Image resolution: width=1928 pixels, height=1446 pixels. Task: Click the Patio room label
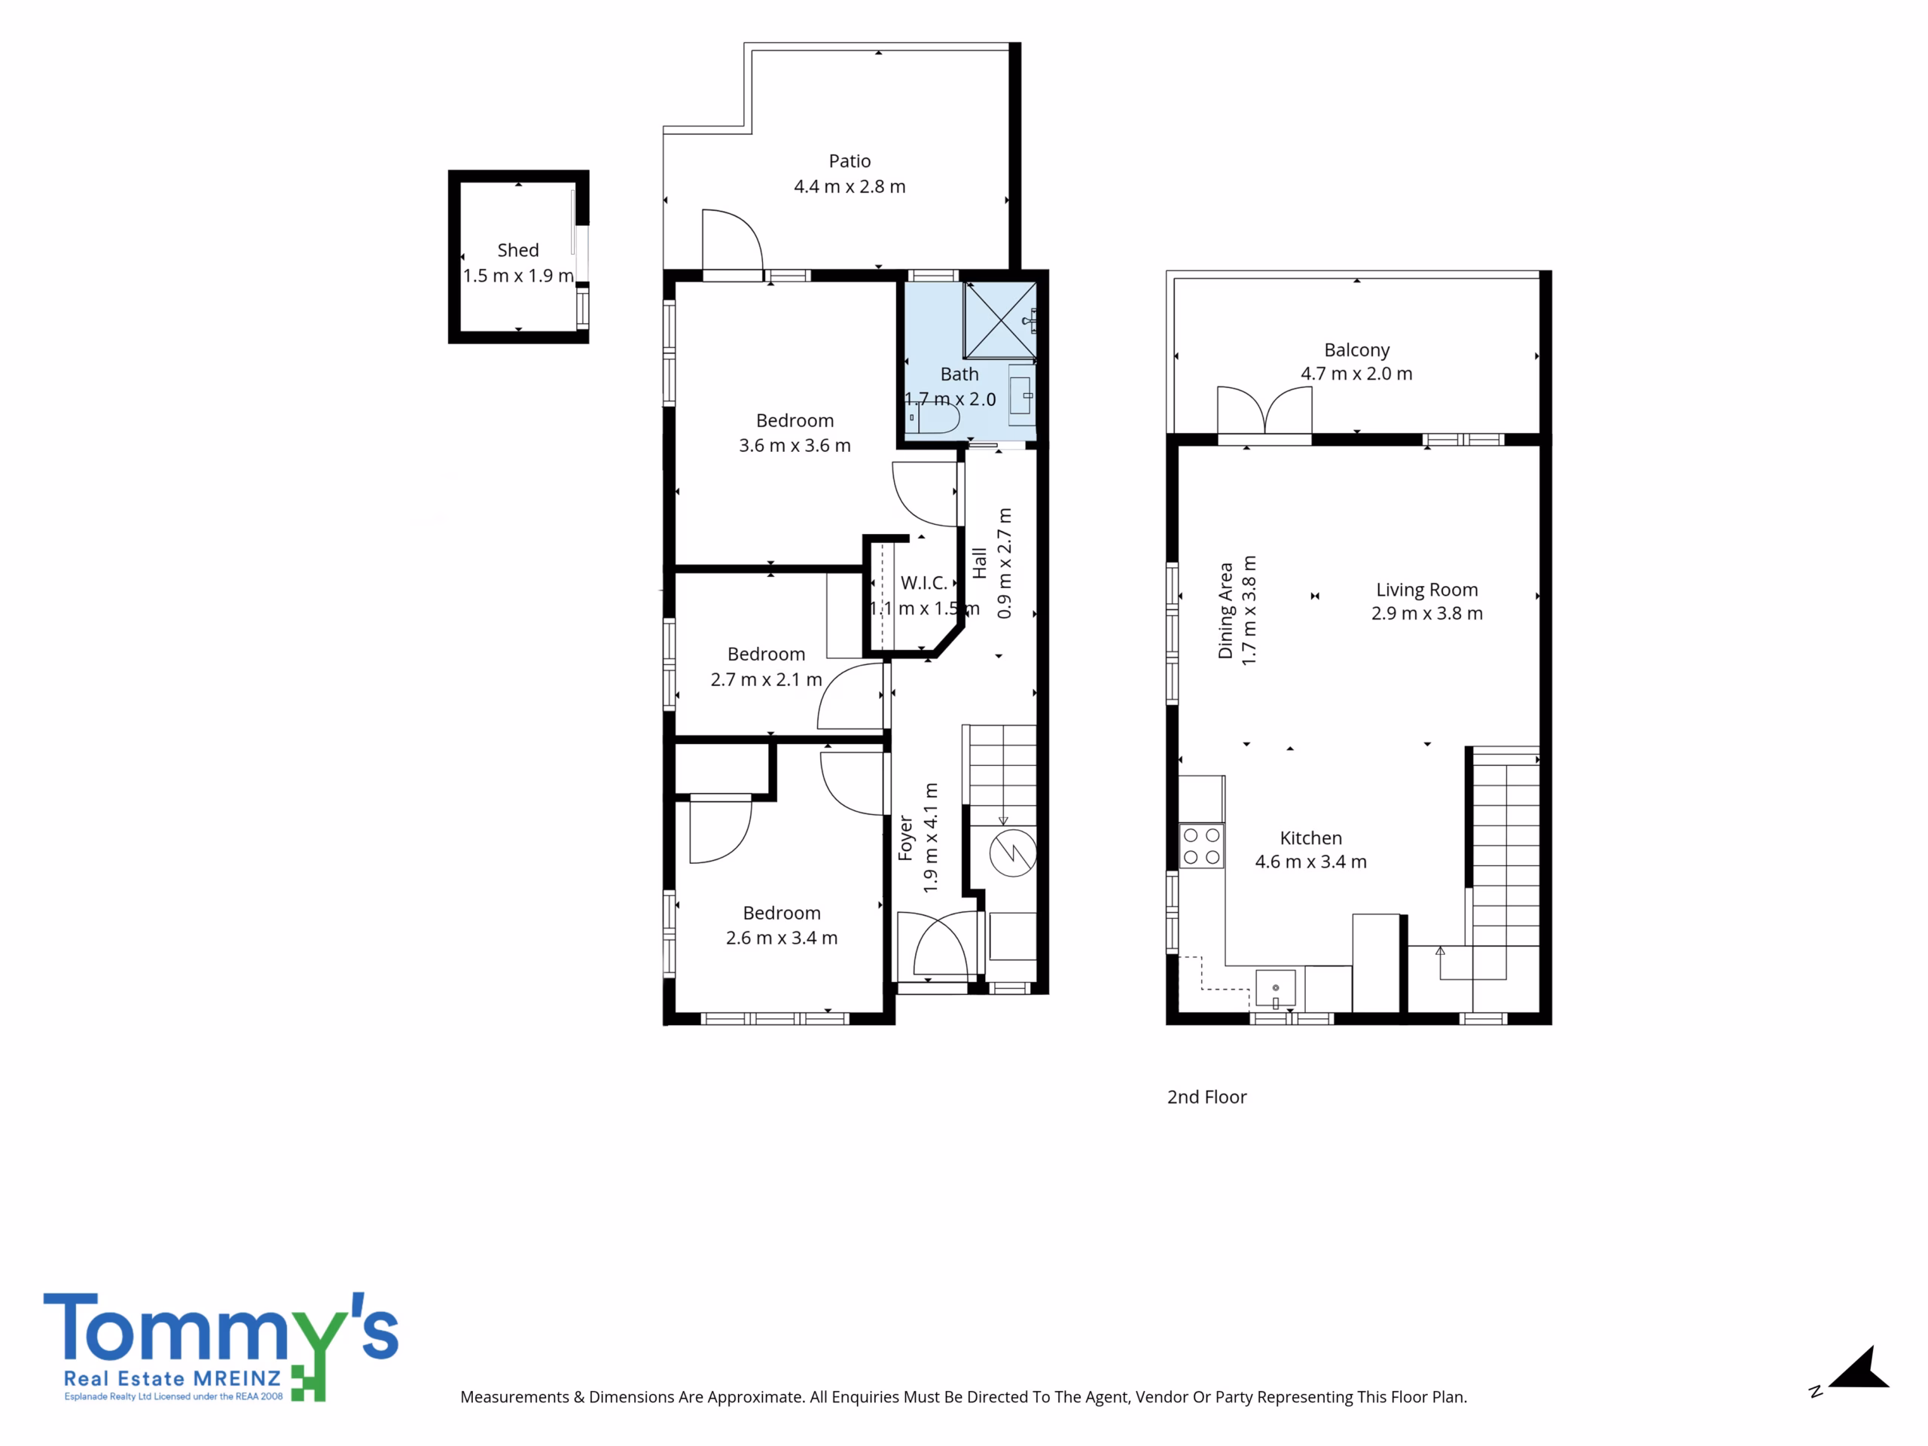pos(849,161)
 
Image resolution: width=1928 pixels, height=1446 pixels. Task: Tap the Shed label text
pos(517,250)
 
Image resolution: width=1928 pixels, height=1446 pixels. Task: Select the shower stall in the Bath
pos(999,320)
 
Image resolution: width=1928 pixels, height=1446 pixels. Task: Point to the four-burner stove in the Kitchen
pos(1201,847)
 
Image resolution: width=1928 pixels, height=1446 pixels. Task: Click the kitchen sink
pos(1275,988)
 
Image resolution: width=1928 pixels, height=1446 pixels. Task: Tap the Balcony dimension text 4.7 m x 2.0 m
pos(1356,374)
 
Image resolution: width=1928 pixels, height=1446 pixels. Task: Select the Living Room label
pos(1427,590)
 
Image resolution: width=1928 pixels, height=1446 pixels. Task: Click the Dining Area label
pos(1225,610)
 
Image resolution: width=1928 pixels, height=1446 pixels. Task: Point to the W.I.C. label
pos(924,583)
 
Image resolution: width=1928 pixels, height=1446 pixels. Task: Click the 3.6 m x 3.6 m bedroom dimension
pos(795,445)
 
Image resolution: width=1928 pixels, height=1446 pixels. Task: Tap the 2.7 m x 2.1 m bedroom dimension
pos(766,680)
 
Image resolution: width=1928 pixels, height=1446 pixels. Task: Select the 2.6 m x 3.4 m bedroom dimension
pos(782,938)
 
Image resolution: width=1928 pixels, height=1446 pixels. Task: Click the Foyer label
pos(905,837)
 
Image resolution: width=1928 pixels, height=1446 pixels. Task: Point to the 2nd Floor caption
pos(1207,1097)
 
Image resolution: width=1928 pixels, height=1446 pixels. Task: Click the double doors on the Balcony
pos(1264,410)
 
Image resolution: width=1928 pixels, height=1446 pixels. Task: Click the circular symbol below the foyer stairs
pos(1013,853)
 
